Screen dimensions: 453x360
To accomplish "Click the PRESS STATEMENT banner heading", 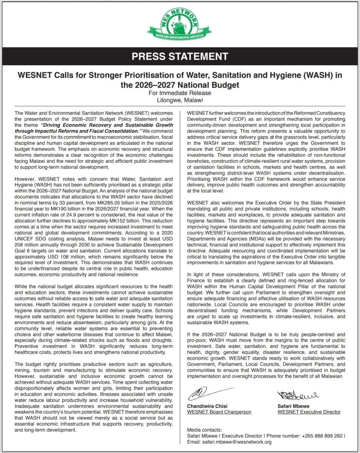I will (x=180, y=57).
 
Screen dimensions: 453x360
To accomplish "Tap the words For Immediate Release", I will (x=180, y=93).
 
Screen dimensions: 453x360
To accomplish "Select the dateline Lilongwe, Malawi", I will (x=180, y=100).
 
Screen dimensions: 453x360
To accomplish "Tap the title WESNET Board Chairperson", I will (x=219, y=412).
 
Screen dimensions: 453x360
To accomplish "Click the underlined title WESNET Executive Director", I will (x=309, y=412).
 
